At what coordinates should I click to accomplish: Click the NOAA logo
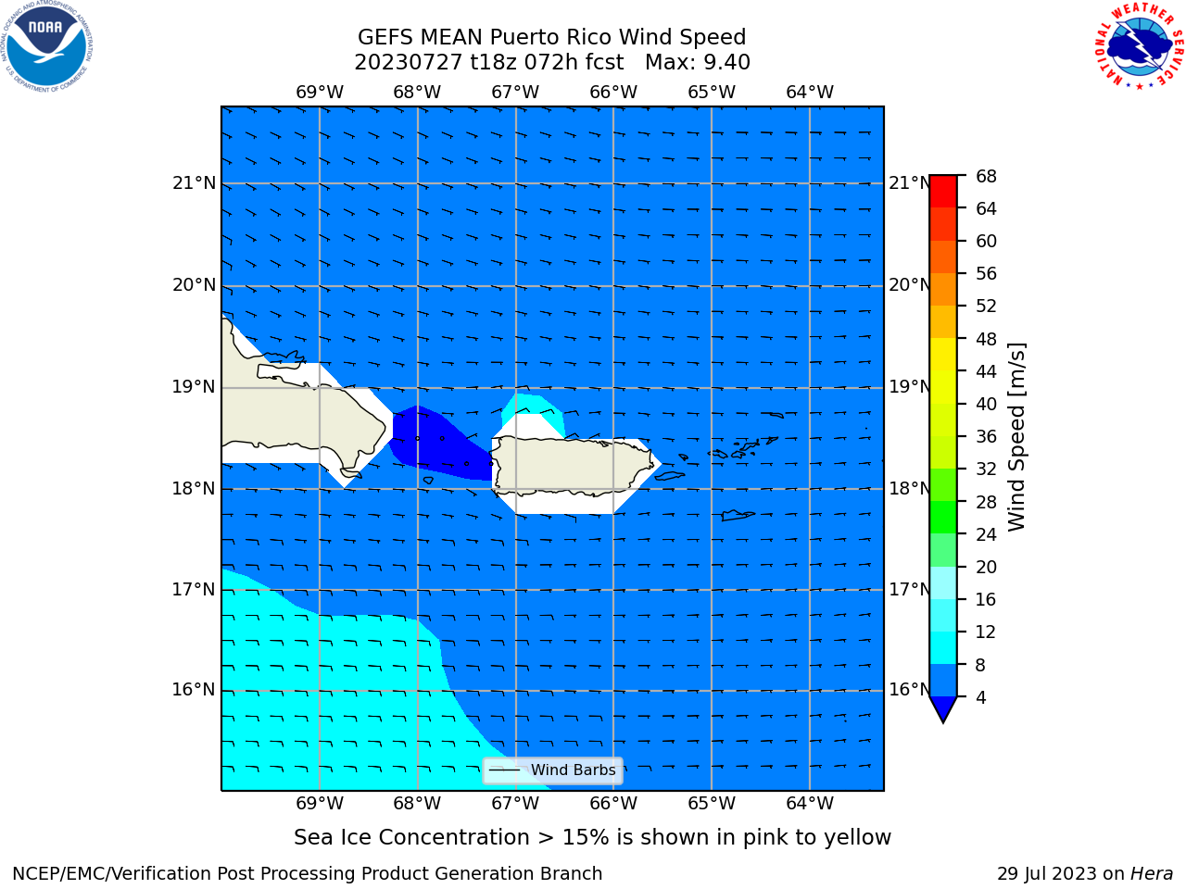[46, 46]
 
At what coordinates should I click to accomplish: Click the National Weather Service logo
[1139, 46]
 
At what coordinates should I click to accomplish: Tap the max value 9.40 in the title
[726, 63]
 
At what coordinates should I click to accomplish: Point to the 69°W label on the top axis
[320, 93]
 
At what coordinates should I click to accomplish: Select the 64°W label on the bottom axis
[810, 804]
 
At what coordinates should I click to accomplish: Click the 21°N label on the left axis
[194, 183]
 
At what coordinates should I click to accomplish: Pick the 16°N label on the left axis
[194, 690]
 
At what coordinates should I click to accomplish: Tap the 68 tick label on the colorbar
[986, 177]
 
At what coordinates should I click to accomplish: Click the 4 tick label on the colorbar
[980, 698]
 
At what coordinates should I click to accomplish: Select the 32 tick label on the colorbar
[986, 470]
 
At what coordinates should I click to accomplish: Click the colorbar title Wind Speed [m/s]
[1016, 437]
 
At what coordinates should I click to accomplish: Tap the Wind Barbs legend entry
[553, 770]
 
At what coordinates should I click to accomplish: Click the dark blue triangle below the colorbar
[943, 707]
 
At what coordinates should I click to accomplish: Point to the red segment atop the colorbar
[943, 192]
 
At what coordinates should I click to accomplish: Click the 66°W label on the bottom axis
[613, 804]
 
